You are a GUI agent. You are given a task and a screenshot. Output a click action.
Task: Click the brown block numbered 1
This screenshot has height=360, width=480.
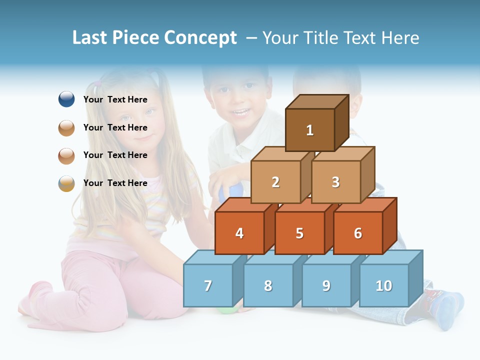pos(310,130)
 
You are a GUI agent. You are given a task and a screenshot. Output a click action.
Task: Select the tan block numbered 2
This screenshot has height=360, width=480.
pos(275,182)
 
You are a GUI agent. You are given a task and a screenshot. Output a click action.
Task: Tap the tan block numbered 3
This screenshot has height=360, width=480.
pos(335,182)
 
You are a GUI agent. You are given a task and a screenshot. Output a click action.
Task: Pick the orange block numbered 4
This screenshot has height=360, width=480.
pos(239,233)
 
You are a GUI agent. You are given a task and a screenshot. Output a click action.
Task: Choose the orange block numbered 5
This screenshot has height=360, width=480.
pos(299,233)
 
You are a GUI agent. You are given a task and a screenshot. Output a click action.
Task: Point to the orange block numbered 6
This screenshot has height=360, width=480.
pos(358,233)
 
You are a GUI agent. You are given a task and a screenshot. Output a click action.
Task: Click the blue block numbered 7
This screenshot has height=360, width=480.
pos(208,285)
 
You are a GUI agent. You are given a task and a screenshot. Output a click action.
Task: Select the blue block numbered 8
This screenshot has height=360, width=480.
pos(268,285)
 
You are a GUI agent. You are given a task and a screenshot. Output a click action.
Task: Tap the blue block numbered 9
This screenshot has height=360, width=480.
pos(326,285)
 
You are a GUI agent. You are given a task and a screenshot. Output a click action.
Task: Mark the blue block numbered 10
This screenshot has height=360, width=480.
pos(383,285)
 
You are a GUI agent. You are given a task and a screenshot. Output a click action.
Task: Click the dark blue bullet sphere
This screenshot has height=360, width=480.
pos(66,99)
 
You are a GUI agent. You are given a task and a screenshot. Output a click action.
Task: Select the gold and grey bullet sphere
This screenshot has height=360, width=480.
pos(66,183)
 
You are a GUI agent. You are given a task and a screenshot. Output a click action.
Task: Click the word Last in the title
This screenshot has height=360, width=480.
pos(90,38)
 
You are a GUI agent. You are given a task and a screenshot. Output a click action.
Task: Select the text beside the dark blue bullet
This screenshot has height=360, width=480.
pos(115,99)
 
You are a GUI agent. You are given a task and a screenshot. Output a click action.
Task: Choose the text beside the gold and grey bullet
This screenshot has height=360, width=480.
pos(115,183)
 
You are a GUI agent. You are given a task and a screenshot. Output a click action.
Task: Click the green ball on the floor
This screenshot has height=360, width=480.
pos(227,310)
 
